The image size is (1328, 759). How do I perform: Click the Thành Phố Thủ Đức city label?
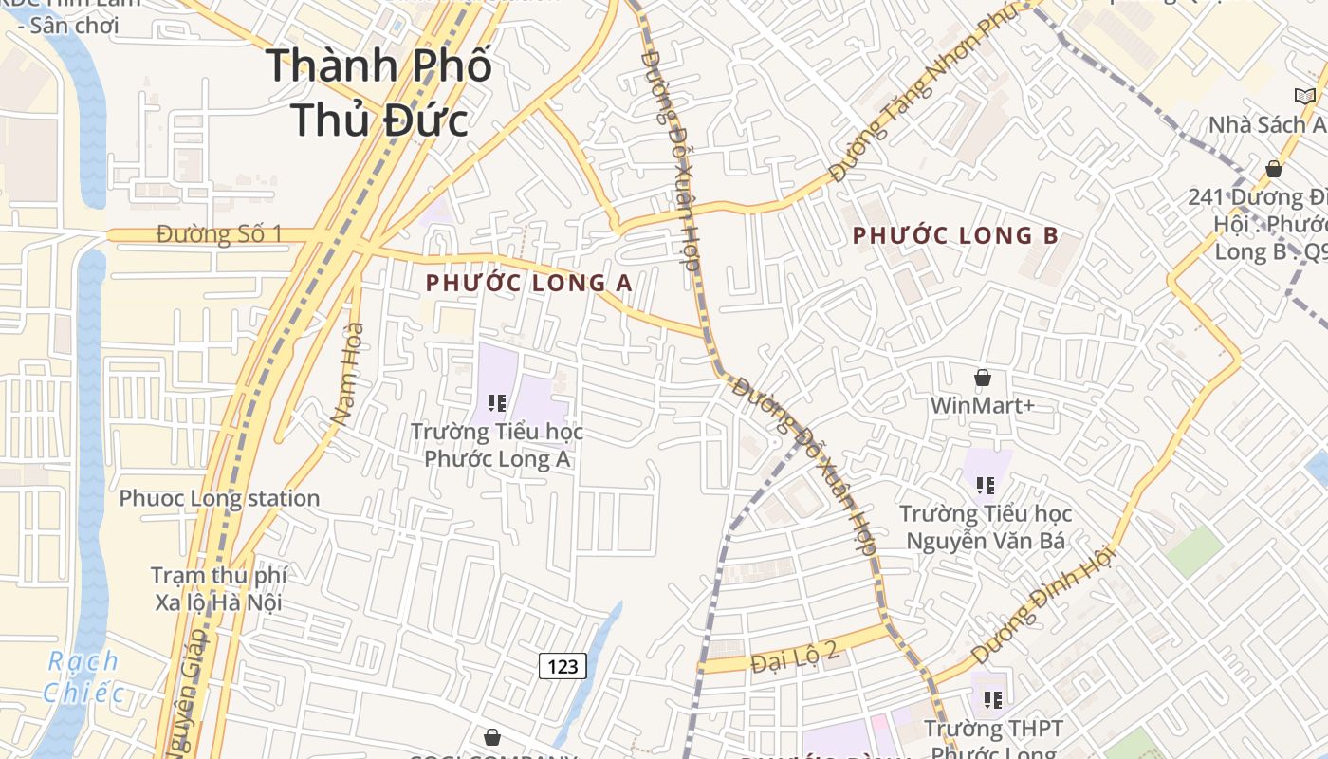(378, 93)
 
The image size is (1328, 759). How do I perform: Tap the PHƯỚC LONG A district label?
(528, 283)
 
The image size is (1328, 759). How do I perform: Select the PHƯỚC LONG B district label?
(954, 235)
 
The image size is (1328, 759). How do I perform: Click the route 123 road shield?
(563, 666)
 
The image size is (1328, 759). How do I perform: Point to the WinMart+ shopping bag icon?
(983, 378)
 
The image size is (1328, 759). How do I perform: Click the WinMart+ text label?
(982, 406)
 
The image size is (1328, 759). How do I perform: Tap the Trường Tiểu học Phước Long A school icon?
(496, 403)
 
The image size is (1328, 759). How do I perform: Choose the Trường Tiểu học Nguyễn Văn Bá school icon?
(986, 486)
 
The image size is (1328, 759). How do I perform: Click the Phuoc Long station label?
(219, 498)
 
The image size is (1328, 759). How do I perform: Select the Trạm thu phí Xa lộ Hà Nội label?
(218, 588)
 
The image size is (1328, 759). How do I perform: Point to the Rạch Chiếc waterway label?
(83, 676)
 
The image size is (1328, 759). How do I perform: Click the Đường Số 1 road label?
(220, 234)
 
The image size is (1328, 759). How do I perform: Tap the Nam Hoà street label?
(348, 374)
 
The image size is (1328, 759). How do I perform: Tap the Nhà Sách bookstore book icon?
(1305, 95)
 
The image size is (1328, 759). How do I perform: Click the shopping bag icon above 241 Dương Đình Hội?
(1274, 169)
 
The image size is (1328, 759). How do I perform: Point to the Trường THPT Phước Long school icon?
(993, 700)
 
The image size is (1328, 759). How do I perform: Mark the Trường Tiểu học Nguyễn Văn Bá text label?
(986, 528)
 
